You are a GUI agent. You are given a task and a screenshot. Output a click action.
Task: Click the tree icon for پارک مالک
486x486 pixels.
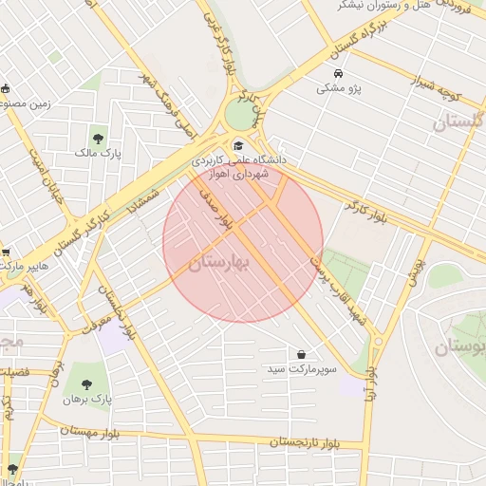tap(99, 138)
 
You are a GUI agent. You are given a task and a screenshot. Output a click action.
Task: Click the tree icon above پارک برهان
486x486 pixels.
tap(86, 384)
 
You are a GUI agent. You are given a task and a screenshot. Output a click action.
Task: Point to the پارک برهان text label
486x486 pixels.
tap(87, 400)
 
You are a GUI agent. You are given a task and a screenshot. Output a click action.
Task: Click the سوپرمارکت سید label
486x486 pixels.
tap(302, 368)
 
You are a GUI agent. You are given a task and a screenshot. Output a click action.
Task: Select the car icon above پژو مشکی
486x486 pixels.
tap(339, 74)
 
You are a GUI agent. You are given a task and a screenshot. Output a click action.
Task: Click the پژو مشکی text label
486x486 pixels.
tap(339, 88)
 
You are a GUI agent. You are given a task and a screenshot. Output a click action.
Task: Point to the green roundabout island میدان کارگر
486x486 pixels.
tap(241, 116)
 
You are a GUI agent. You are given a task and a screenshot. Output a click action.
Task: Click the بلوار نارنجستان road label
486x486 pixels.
tap(305, 442)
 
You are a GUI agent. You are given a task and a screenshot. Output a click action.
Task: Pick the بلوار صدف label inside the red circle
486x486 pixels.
tap(213, 210)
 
